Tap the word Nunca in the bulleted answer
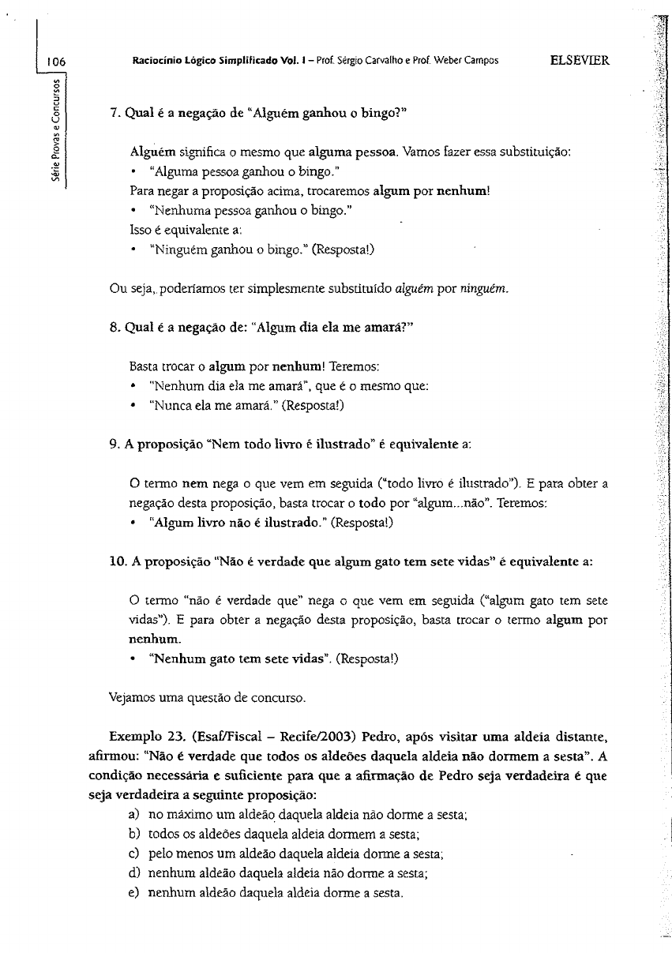point(165,406)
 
